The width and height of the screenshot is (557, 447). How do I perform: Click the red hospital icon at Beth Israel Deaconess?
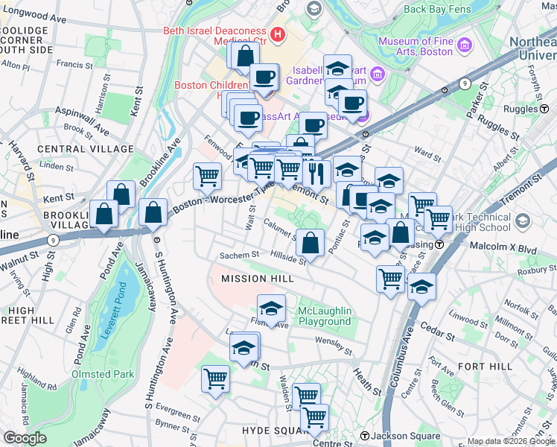coord(278,34)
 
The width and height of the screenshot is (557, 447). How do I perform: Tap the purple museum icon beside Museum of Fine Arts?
coord(465,45)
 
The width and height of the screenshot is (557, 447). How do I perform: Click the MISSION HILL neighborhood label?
coord(253,279)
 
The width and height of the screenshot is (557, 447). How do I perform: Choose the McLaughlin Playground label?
coord(324,316)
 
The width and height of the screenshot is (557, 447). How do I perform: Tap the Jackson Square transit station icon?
coord(365,436)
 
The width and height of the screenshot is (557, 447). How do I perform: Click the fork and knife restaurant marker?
coord(316,173)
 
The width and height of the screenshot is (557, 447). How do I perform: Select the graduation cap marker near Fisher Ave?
coord(272,308)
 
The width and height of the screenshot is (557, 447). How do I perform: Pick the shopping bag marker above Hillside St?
coord(310,242)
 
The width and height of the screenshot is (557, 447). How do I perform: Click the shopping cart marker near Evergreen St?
coord(215,378)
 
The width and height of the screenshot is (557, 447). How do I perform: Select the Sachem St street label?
coord(238,255)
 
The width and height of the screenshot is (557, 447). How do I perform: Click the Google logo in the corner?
coord(25,438)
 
